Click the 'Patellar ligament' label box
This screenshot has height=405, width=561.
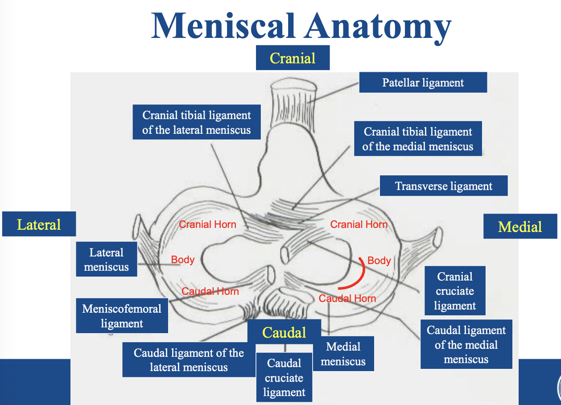(x=423, y=83)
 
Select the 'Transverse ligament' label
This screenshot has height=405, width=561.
(x=444, y=186)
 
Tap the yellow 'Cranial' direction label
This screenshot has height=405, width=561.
(x=293, y=58)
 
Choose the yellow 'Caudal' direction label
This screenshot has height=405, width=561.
(x=284, y=332)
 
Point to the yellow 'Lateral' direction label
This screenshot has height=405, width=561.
(x=39, y=224)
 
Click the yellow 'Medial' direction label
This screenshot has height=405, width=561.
(x=520, y=227)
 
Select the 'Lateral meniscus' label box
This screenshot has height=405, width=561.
(x=106, y=260)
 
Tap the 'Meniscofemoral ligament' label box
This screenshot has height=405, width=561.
(x=122, y=316)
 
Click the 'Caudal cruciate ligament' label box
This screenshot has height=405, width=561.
(x=284, y=378)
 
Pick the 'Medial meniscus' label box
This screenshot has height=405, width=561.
(x=343, y=354)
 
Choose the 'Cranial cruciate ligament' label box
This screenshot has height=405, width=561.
(x=455, y=291)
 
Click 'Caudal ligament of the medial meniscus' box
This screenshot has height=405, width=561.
(x=466, y=344)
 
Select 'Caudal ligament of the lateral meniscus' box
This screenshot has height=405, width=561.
(x=189, y=360)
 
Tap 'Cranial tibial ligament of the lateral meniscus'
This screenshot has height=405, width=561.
(x=197, y=123)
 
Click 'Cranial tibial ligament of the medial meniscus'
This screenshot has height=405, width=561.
(x=418, y=139)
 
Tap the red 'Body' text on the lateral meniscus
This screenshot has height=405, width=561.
(x=183, y=260)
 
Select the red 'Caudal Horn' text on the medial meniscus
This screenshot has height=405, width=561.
(x=347, y=298)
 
